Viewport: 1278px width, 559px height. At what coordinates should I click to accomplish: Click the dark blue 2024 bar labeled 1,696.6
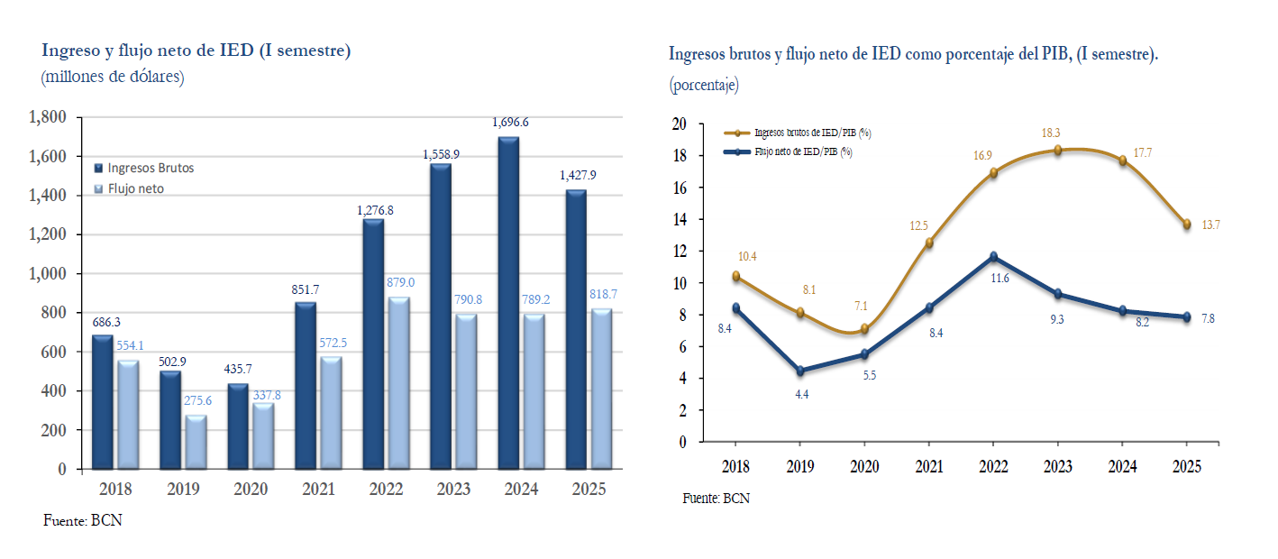pyautogui.click(x=507, y=303)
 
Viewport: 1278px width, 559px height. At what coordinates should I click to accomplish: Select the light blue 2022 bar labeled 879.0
pyautogui.click(x=397, y=383)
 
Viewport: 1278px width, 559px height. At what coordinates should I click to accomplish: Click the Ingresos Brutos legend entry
pyautogui.click(x=150, y=168)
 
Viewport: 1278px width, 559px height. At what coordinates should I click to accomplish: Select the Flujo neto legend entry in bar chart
pyautogui.click(x=135, y=188)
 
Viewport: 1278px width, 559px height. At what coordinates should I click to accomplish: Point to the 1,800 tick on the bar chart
pyautogui.click(x=49, y=117)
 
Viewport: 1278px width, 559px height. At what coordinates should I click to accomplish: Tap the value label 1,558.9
pyautogui.click(x=442, y=155)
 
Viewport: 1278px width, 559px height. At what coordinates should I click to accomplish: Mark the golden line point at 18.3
pyautogui.click(x=1057, y=151)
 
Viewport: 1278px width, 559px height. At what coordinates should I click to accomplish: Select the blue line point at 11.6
pyautogui.click(x=993, y=257)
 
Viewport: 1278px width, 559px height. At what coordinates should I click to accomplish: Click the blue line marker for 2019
pyautogui.click(x=799, y=371)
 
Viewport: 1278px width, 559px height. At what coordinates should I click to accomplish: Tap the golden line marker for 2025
pyautogui.click(x=1186, y=224)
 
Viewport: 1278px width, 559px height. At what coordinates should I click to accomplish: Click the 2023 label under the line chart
pyautogui.click(x=1057, y=466)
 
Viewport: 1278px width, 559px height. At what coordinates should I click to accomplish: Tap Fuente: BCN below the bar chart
pyautogui.click(x=82, y=520)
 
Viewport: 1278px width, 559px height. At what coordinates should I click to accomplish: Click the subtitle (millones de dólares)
pyautogui.click(x=113, y=77)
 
